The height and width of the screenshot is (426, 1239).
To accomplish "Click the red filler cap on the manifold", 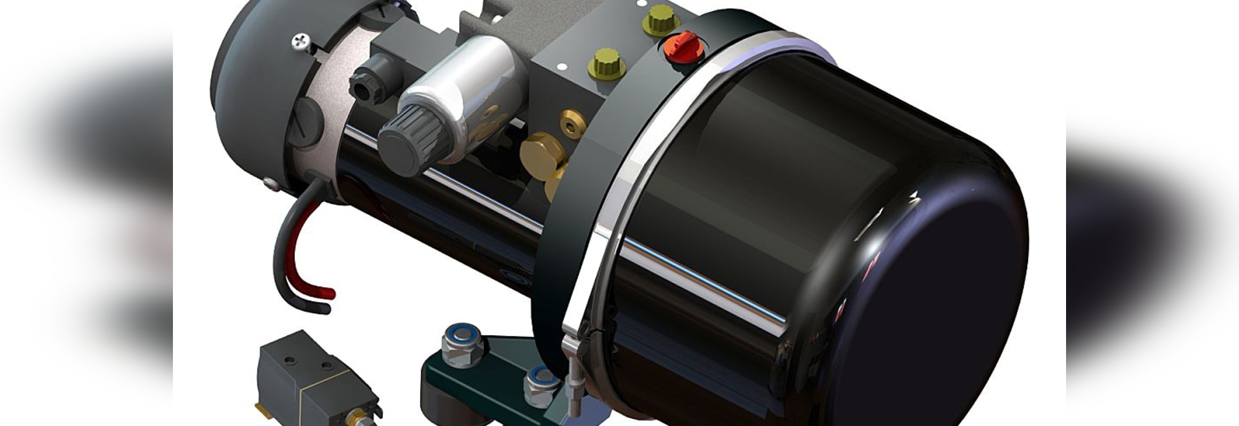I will pyautogui.click(x=683, y=46).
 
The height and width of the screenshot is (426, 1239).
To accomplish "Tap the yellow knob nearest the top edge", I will pyautogui.click(x=660, y=19).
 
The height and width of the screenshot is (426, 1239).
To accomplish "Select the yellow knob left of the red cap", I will pyautogui.click(x=606, y=63).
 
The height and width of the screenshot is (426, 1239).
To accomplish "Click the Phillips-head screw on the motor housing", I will pyautogui.click(x=299, y=42).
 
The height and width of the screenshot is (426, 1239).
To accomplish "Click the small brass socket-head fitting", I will pyautogui.click(x=572, y=123).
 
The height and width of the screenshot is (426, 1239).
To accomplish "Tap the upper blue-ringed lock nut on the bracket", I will pyautogui.click(x=463, y=345).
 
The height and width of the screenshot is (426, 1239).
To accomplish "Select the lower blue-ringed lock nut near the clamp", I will pyautogui.click(x=540, y=386).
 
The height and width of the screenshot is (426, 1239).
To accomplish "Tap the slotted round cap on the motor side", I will pyautogui.click(x=304, y=123).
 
